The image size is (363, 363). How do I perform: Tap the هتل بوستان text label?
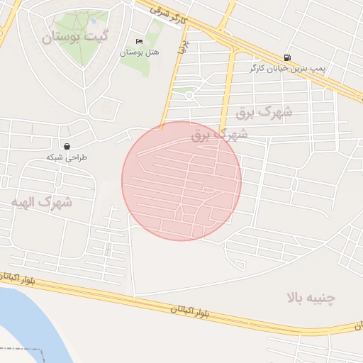click(x=138, y=52)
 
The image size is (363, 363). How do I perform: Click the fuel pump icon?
click(x=286, y=57)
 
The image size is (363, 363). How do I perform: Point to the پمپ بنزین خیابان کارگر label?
click(x=280, y=68)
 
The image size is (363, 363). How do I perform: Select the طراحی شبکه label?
click(x=66, y=157)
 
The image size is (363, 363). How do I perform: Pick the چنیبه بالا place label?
click(x=311, y=297)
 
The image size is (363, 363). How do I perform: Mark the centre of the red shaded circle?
click(x=181, y=181)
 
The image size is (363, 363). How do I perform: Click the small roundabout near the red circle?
click(x=189, y=94)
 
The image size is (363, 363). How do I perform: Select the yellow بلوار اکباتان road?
click(x=106, y=296)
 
